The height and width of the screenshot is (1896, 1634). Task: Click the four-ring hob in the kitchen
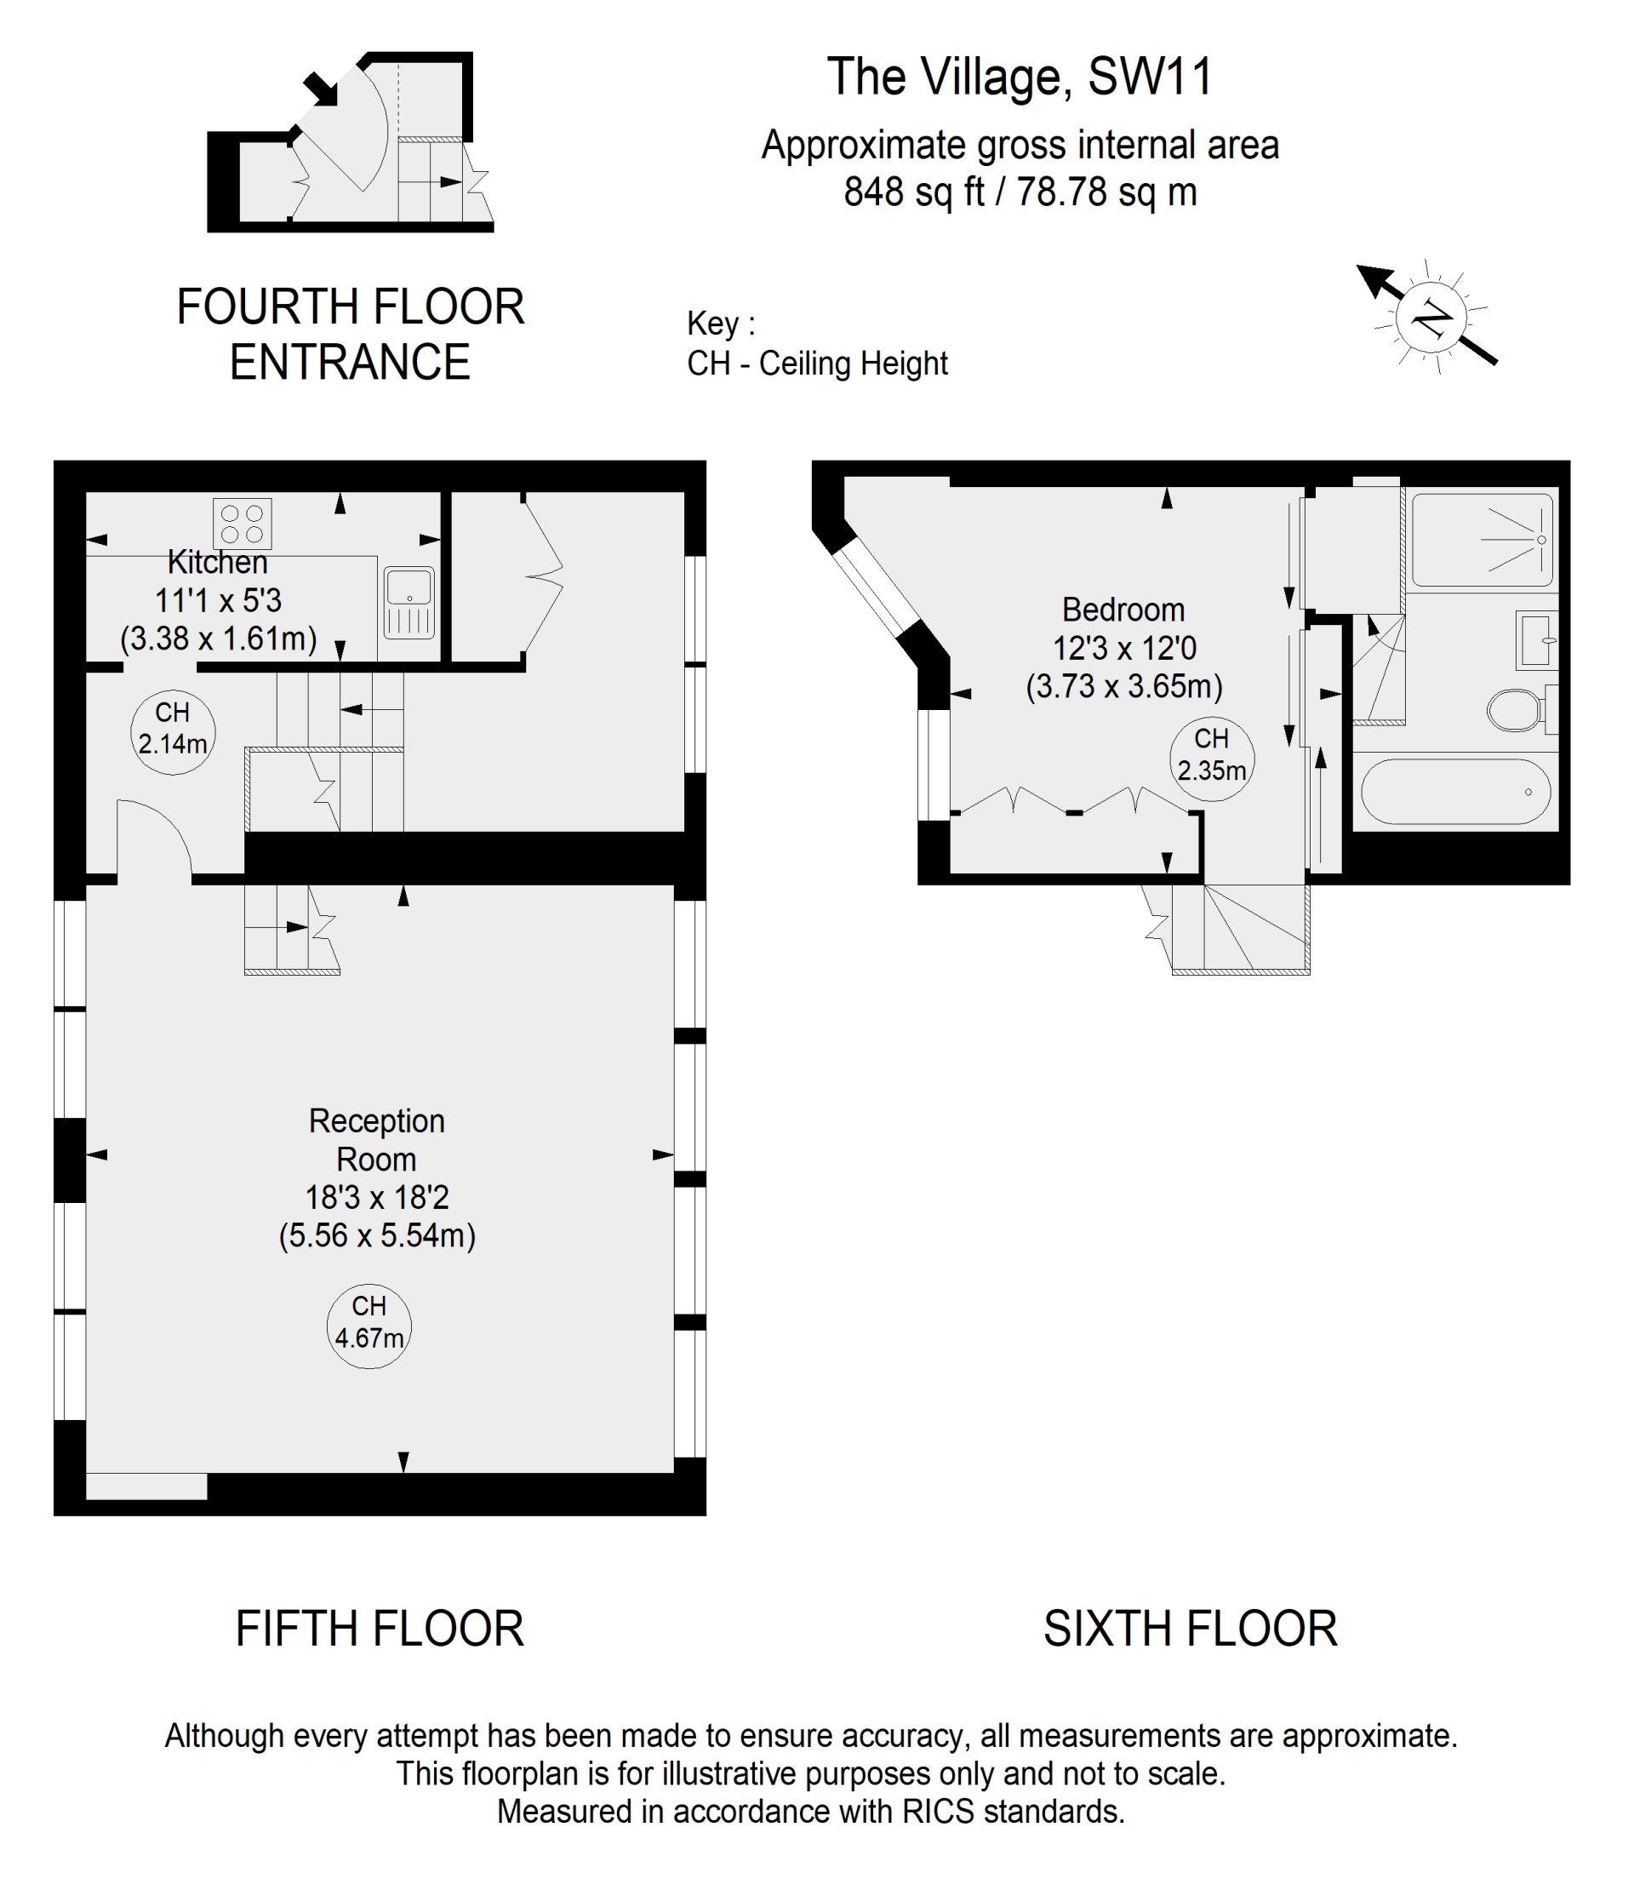(x=242, y=524)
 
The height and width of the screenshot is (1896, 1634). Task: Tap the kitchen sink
(x=409, y=603)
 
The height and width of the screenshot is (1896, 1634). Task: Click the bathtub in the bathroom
(x=1454, y=792)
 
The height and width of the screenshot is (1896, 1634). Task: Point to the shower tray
(x=1483, y=540)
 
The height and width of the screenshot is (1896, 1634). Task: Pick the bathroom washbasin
(x=1537, y=639)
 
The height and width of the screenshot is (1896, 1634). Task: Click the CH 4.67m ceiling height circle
(x=369, y=1326)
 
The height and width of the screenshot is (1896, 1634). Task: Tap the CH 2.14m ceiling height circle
(x=173, y=731)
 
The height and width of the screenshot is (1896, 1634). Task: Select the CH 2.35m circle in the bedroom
(x=1211, y=759)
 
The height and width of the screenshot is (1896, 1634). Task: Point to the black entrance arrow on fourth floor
(x=320, y=88)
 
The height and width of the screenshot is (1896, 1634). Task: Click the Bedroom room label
(x=1123, y=610)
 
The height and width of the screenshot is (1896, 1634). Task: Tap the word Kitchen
(x=218, y=561)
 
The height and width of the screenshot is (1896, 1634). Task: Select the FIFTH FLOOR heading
(x=380, y=1630)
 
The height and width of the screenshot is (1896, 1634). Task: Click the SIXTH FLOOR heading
(x=1191, y=1630)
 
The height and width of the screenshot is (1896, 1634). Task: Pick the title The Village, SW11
(x=1020, y=77)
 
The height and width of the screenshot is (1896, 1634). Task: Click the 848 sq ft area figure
(x=914, y=192)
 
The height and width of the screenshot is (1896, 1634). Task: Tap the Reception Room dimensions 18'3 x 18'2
(x=377, y=1197)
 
